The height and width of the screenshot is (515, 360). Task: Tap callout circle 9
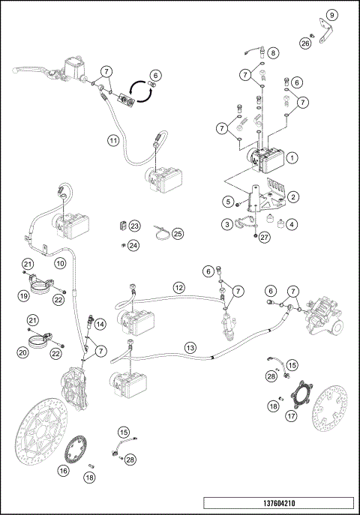(332, 14)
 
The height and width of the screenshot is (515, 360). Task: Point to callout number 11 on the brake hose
(112, 140)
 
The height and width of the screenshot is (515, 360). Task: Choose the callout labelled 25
(178, 233)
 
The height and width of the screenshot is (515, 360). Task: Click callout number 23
(134, 226)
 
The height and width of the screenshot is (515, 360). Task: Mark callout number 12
(178, 287)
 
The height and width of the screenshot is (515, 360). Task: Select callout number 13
(190, 347)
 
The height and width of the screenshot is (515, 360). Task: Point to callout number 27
(263, 238)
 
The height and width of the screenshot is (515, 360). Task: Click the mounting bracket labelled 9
(323, 32)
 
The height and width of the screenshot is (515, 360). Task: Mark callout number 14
(100, 324)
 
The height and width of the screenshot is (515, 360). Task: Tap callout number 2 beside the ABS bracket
(294, 196)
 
